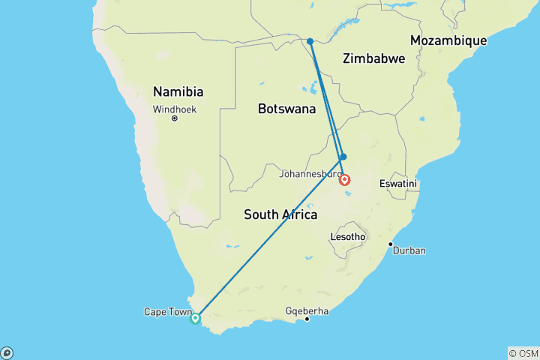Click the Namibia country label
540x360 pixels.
(178, 91)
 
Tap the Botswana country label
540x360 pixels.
(286, 109)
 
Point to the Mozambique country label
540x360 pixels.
(448, 40)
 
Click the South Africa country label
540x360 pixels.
(280, 214)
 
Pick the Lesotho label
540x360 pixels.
(347, 237)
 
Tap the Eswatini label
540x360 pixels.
(398, 184)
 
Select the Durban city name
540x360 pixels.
(409, 250)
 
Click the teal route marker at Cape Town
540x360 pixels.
(196, 318)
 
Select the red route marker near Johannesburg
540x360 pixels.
(344, 179)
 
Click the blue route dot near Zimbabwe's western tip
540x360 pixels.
(310, 41)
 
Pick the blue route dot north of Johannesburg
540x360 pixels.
(343, 157)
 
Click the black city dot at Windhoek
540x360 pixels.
(174, 118)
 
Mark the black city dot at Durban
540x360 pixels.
(390, 244)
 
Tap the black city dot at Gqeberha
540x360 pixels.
(307, 319)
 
